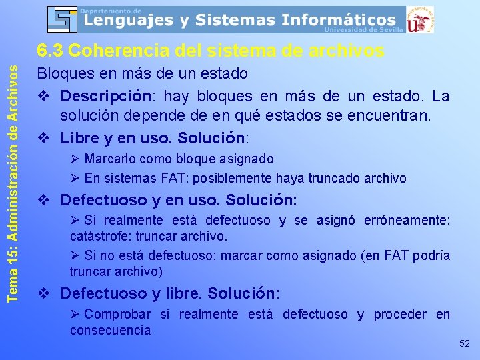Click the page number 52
tap(465, 343)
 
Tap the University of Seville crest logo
tap(420, 19)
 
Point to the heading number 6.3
tap(50, 51)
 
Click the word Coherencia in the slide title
tap(116, 51)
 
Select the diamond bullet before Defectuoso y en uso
tap(44, 200)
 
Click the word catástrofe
tap(102, 236)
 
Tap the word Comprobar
tap(118, 314)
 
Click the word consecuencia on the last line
tap(110, 330)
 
